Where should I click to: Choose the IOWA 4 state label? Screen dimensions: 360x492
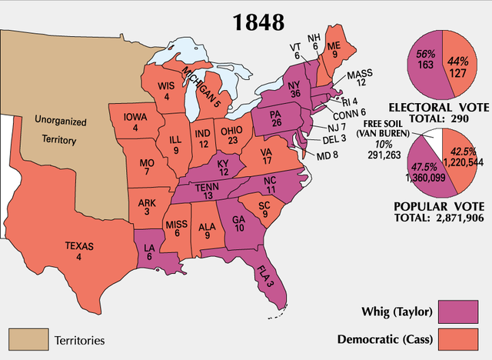134,122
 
